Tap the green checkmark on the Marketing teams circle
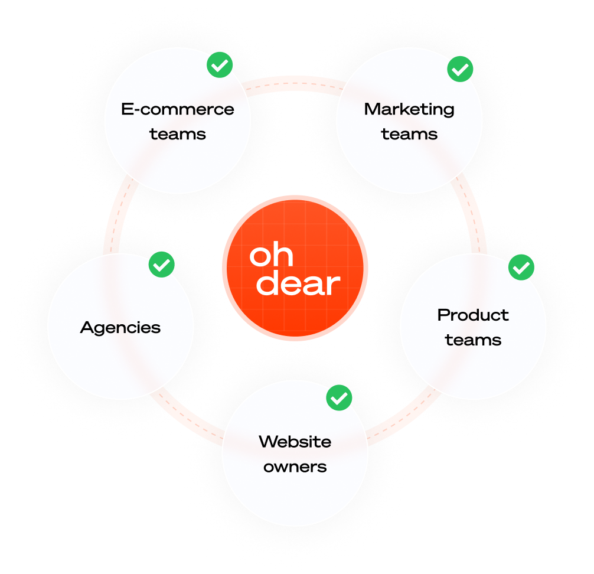pyautogui.click(x=460, y=69)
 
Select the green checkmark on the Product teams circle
pyautogui.click(x=521, y=268)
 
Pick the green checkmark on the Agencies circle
pyautogui.click(x=161, y=265)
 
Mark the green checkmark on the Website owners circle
pyautogui.click(x=339, y=398)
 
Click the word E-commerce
pyautogui.click(x=177, y=109)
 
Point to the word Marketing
pyautogui.click(x=409, y=109)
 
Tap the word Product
pyautogui.click(x=473, y=315)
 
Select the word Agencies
pyautogui.click(x=120, y=328)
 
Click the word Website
pyautogui.click(x=295, y=442)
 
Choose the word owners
pyautogui.click(x=295, y=467)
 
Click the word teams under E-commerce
pyautogui.click(x=177, y=134)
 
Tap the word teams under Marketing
pyautogui.click(x=409, y=134)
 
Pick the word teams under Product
pyautogui.click(x=473, y=340)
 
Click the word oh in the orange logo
pyautogui.click(x=271, y=255)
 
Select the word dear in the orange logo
pyautogui.click(x=298, y=283)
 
